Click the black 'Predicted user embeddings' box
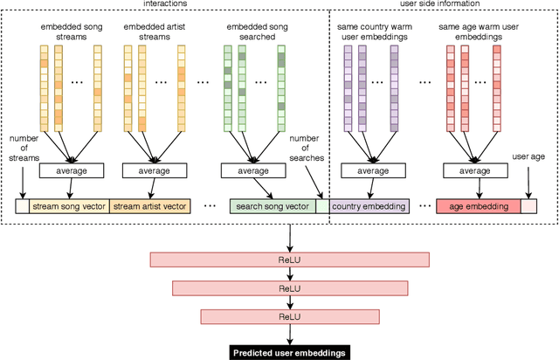(289, 352)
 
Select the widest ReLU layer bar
(289, 260)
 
